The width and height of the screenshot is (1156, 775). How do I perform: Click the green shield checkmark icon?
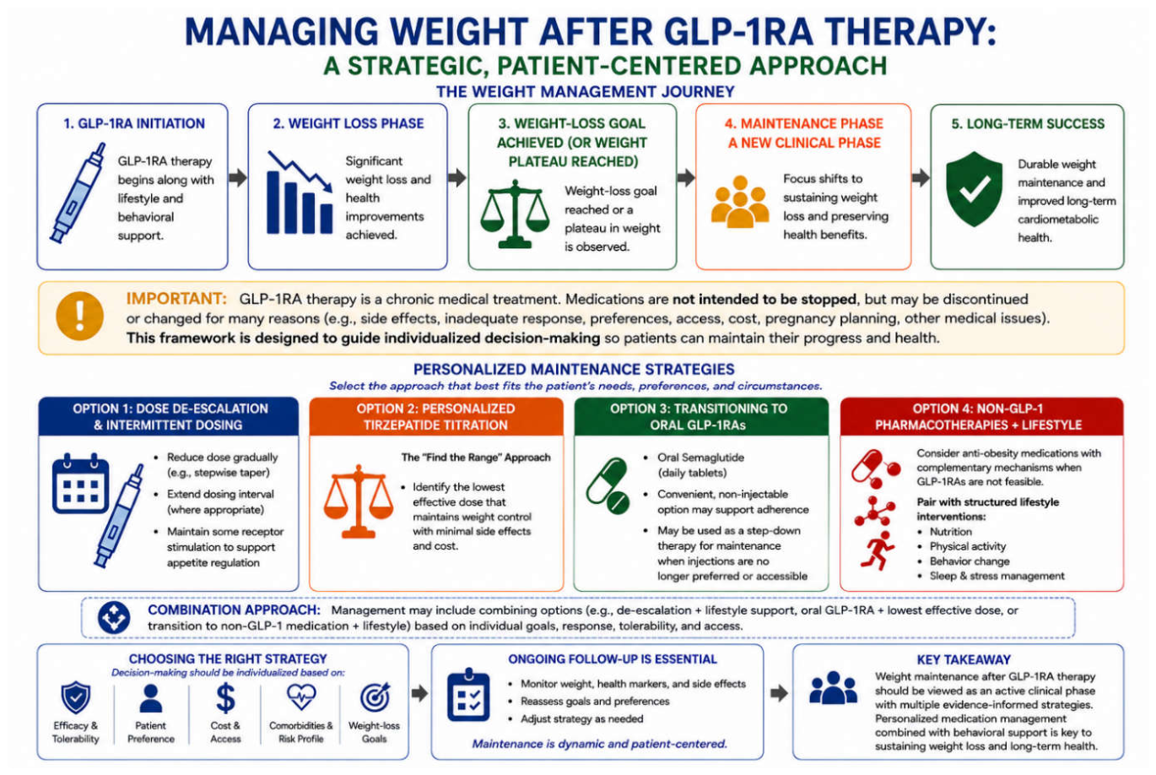[x=974, y=189]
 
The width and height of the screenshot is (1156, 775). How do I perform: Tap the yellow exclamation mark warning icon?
[x=79, y=316]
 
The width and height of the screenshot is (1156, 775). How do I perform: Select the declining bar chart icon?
[x=300, y=192]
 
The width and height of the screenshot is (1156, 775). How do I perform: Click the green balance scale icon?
[x=515, y=214]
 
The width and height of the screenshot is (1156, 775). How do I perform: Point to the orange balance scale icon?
[x=358, y=501]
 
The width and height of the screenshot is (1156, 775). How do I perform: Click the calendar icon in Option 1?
[x=80, y=483]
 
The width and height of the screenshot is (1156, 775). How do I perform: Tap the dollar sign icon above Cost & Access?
[x=225, y=697]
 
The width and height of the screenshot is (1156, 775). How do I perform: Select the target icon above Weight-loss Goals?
[x=375, y=697]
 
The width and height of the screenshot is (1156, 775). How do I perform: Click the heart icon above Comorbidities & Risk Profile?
[x=301, y=697]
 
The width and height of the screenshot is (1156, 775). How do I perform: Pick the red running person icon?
[x=878, y=550]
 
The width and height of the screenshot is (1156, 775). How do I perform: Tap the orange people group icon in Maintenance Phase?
[x=740, y=202]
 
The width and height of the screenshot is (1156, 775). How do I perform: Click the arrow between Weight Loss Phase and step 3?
[x=457, y=177]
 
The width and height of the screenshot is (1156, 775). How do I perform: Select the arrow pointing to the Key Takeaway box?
[x=779, y=693]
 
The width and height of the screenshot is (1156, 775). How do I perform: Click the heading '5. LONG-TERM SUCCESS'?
[x=1028, y=124]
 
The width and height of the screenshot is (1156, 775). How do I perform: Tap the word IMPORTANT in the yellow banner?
[x=176, y=299]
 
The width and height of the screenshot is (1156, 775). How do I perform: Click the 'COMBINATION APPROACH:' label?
[x=235, y=610]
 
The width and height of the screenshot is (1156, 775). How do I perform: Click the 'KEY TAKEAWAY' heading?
[x=964, y=660]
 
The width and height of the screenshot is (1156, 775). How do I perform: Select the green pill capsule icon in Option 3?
[x=608, y=485]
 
